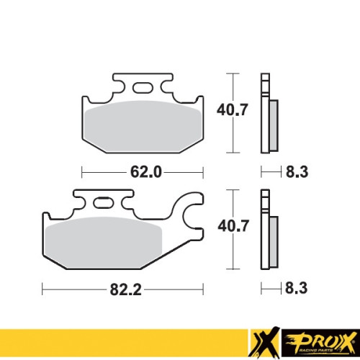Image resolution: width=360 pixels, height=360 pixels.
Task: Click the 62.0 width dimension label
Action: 146,172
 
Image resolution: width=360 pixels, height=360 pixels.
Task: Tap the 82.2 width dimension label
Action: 125,289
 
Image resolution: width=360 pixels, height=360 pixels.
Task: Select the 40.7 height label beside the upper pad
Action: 232,110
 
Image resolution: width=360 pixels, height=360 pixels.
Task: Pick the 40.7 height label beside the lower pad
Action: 233,226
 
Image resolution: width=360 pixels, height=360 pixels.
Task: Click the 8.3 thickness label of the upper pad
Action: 297,172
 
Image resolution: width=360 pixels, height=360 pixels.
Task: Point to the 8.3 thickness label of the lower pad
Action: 296,288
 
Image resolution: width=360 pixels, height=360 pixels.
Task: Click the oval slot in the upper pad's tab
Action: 143,88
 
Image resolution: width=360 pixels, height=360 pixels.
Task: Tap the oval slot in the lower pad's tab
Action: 103,203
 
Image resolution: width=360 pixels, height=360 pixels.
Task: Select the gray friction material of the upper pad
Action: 143,126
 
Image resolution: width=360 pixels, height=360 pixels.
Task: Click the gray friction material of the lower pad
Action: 103,243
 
